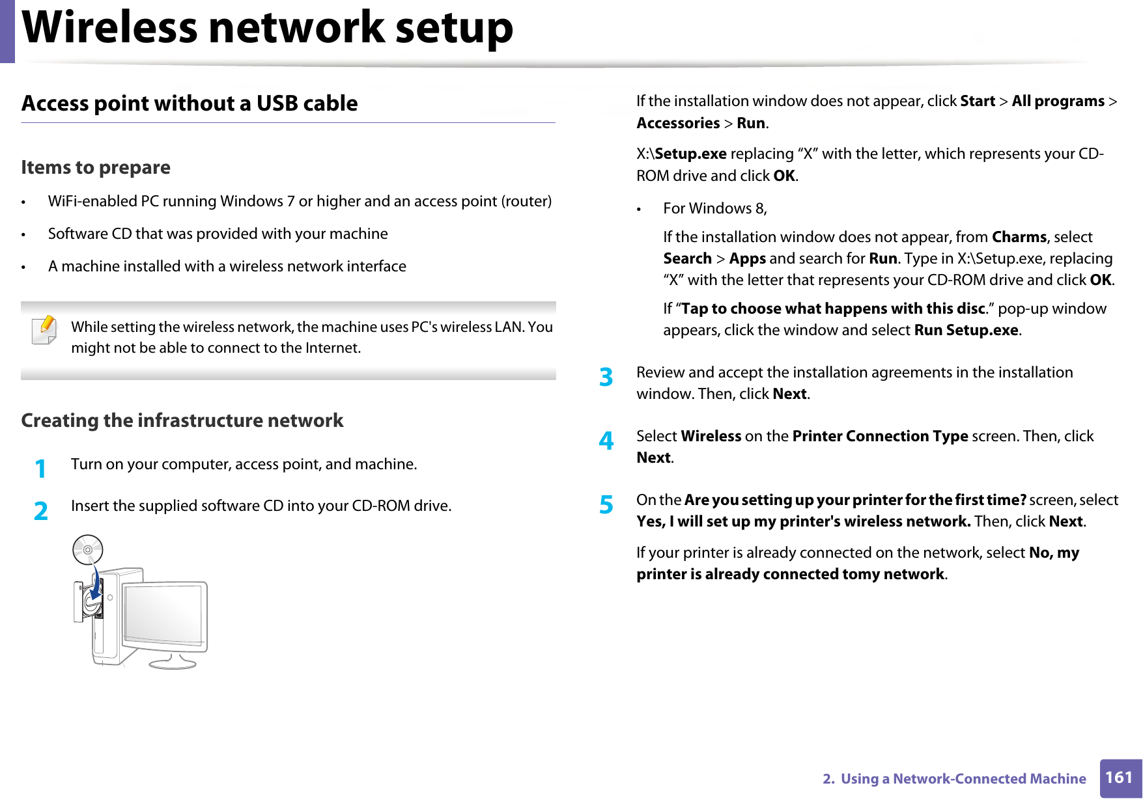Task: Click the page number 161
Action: coord(1119,778)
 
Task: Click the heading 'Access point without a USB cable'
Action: coord(190,103)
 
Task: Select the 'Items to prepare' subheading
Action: coord(96,168)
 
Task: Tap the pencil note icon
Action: coord(44,329)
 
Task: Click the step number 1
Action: coord(40,469)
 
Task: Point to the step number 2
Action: coord(40,511)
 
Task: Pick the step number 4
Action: coord(606,441)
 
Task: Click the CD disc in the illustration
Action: coord(88,550)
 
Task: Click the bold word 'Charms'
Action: coord(1019,237)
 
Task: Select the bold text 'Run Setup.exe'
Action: coord(966,331)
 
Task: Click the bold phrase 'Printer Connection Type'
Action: coord(880,436)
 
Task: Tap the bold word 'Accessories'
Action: coord(678,123)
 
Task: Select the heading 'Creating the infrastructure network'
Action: coord(182,420)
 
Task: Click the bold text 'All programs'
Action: coord(1058,102)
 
